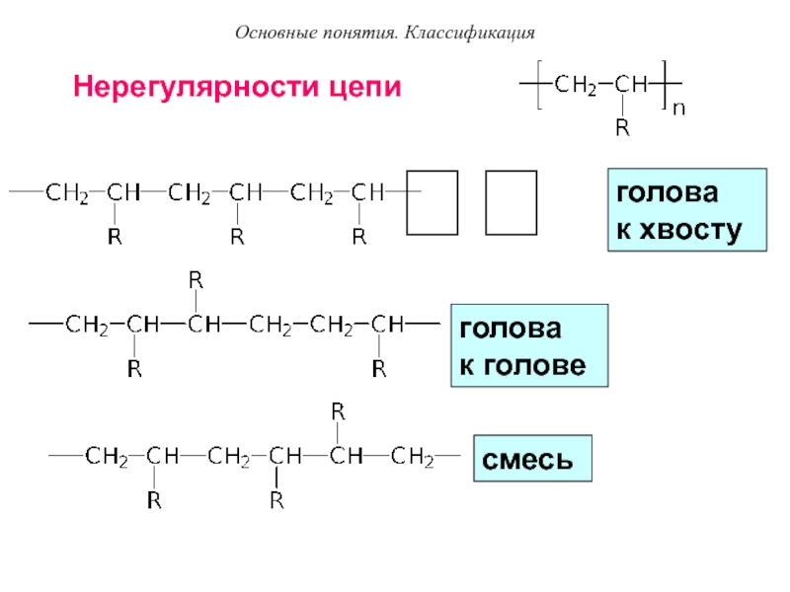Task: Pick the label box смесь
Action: coord(532,459)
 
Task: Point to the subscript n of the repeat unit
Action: coord(678,111)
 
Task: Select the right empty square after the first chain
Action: coord(512,203)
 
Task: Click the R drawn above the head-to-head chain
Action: coord(197,281)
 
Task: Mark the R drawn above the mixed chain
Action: coord(337,408)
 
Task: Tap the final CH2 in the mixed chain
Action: coord(413,457)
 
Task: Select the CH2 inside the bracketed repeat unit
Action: coord(574,86)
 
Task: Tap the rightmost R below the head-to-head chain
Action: coord(377,370)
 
